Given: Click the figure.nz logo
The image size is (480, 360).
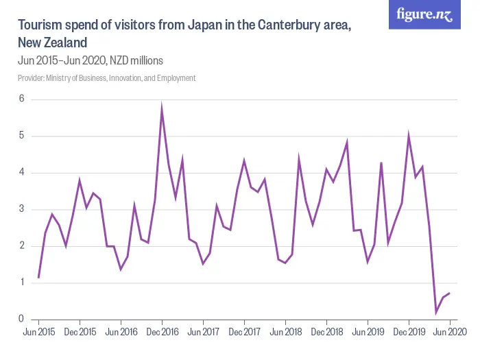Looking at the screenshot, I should click(x=424, y=14).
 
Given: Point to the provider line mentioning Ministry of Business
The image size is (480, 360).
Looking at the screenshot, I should click(x=107, y=78).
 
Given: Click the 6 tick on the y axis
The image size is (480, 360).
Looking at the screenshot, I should click(x=21, y=99).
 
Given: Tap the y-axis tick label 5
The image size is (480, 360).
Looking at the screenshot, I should click(x=21, y=136).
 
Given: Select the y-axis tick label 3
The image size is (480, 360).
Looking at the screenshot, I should click(x=21, y=209).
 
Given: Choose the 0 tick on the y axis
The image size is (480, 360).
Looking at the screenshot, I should click(x=21, y=319).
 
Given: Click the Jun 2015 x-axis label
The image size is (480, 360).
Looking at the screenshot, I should click(x=38, y=332).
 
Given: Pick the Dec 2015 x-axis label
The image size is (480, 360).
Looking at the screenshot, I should click(x=80, y=332).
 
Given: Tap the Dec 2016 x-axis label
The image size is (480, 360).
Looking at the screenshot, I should click(x=162, y=332).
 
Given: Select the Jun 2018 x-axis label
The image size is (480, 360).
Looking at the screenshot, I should click(x=285, y=332).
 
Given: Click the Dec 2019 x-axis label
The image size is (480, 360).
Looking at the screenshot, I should click(x=409, y=332).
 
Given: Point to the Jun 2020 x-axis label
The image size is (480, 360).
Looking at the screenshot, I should click(x=450, y=332).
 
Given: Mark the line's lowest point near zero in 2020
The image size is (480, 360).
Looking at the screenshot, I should click(x=436, y=312).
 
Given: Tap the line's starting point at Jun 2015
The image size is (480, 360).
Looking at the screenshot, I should click(x=38, y=278).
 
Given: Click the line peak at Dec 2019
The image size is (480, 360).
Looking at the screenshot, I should click(x=409, y=136).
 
